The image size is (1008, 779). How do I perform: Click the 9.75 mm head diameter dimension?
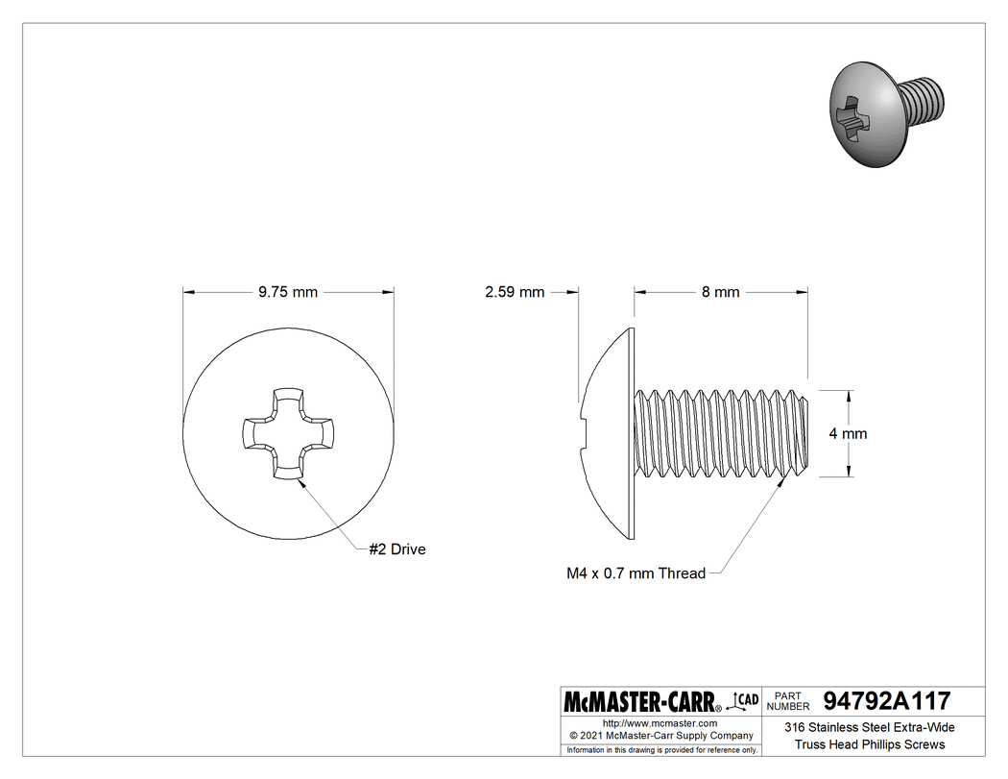click(x=288, y=292)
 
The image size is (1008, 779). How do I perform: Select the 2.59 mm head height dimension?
click(x=515, y=292)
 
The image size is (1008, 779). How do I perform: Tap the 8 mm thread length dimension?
click(x=720, y=292)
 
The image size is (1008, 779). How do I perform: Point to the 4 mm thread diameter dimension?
click(x=848, y=433)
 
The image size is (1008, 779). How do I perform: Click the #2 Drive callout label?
click(x=397, y=549)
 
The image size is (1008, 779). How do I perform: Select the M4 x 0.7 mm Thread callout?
click(x=636, y=573)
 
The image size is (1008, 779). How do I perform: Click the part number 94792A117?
click(x=887, y=700)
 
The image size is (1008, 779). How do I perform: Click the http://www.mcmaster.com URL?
click(x=660, y=722)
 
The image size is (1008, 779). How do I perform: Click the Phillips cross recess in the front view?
click(x=288, y=433)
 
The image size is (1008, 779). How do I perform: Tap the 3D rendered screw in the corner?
click(x=883, y=112)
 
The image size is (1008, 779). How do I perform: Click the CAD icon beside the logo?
click(x=745, y=699)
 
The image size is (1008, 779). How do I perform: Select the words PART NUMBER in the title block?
click(x=789, y=700)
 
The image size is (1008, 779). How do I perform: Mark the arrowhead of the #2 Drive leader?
click(x=301, y=482)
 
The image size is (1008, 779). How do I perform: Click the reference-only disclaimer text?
click(x=661, y=749)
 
